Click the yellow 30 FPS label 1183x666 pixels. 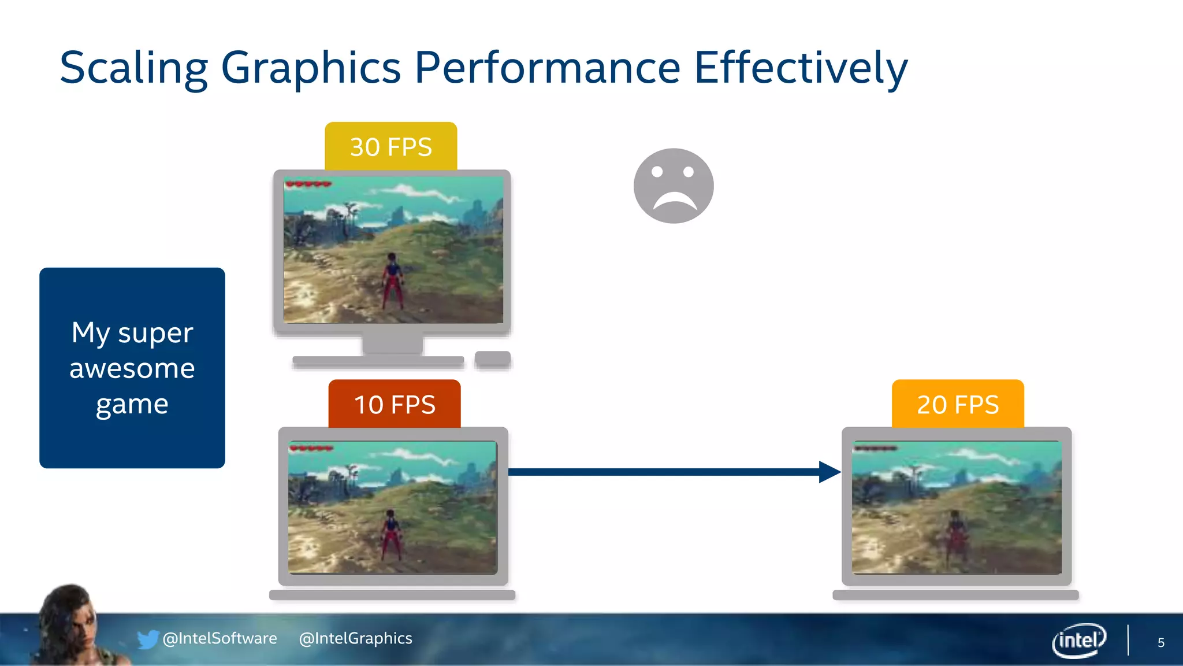click(391, 146)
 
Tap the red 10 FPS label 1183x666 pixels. click(395, 404)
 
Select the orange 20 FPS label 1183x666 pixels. click(958, 404)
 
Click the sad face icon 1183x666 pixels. click(674, 186)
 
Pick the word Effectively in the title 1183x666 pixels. click(801, 68)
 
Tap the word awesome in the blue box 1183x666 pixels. click(132, 369)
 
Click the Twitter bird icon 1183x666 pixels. click(147, 639)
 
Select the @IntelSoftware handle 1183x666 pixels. click(220, 638)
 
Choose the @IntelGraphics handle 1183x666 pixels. click(356, 638)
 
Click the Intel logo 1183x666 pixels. click(1078, 640)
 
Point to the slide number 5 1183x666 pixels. click(1160, 643)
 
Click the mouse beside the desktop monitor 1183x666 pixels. click(493, 358)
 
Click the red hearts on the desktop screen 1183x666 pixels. click(308, 184)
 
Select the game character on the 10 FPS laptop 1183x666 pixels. click(391, 534)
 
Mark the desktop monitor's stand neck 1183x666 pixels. click(393, 344)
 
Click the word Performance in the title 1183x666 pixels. click(548, 68)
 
